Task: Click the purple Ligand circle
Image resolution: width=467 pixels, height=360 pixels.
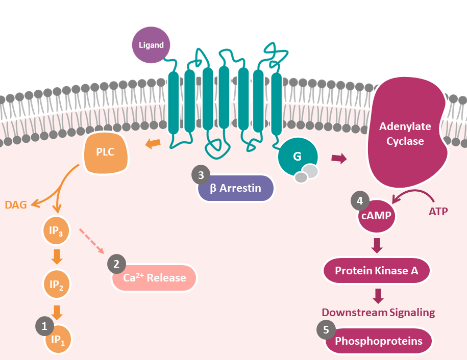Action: [151, 45]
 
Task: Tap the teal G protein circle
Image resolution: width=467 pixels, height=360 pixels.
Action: [297, 157]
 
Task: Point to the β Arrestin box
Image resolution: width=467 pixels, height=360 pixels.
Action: [236, 188]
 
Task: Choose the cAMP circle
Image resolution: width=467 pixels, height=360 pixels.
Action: [377, 216]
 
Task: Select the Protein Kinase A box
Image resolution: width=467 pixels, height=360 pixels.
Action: [376, 271]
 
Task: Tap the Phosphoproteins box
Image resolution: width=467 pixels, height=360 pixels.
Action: [378, 341]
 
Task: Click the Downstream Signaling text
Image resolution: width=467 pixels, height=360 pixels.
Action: [378, 312]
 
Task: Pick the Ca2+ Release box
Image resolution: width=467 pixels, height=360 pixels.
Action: [154, 278]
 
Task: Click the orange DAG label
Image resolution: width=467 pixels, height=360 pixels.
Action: [15, 205]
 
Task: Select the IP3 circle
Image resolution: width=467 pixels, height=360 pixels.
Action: [57, 232]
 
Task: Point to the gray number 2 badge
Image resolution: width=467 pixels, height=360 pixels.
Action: [116, 264]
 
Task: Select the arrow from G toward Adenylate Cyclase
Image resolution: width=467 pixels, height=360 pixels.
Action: [338, 159]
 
